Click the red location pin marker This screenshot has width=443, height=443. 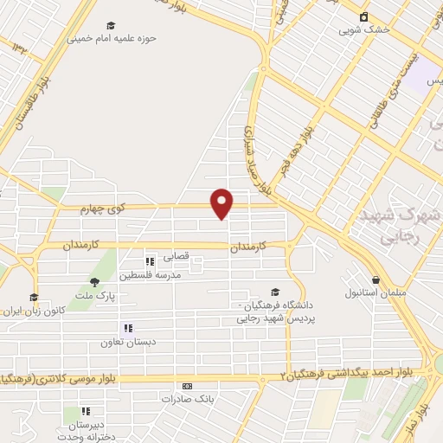(x=222, y=203)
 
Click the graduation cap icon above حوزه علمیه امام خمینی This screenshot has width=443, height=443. (x=109, y=26)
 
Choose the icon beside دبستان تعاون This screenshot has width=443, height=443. (x=127, y=328)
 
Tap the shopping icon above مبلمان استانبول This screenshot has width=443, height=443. (x=376, y=279)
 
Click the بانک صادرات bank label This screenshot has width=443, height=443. (x=185, y=399)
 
